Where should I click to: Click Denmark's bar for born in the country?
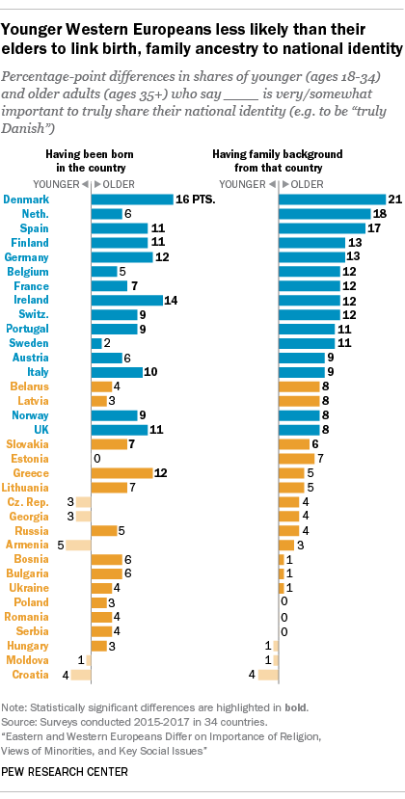(x=132, y=200)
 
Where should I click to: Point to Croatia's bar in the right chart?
(x=268, y=674)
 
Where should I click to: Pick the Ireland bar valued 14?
(x=126, y=300)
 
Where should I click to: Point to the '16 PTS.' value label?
(x=195, y=200)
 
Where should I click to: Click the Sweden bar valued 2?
(x=95, y=343)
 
